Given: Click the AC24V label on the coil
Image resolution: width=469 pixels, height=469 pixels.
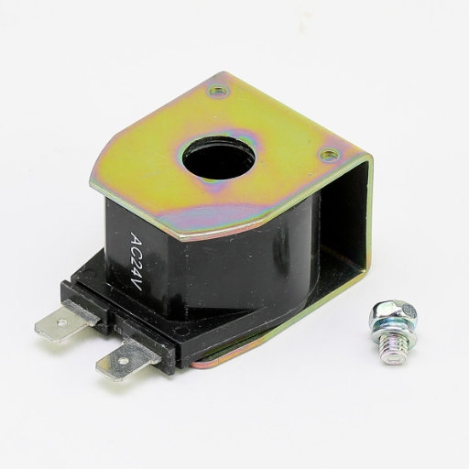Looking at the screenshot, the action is coord(137,262).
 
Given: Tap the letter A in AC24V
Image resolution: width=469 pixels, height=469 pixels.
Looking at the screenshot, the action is coord(136,238).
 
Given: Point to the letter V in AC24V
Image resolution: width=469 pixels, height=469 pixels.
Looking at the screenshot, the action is coord(137,287).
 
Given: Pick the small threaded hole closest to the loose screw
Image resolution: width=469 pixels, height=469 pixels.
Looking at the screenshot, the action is coord(330,154).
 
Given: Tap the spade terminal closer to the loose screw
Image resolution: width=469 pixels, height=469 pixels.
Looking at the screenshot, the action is coord(128,358).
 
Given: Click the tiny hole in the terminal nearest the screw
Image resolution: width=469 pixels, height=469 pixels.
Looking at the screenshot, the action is coord(123,362).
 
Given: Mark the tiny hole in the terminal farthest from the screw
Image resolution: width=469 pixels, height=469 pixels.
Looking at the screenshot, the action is coord(61,322).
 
